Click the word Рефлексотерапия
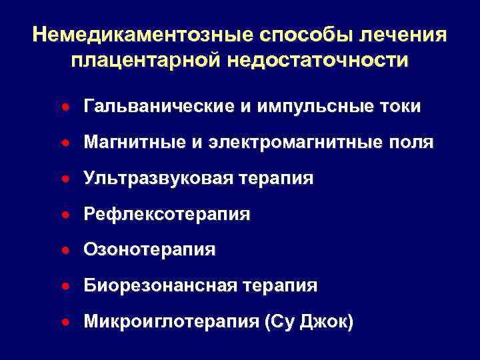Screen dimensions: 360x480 click(167, 215)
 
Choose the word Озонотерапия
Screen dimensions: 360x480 click(149, 250)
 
